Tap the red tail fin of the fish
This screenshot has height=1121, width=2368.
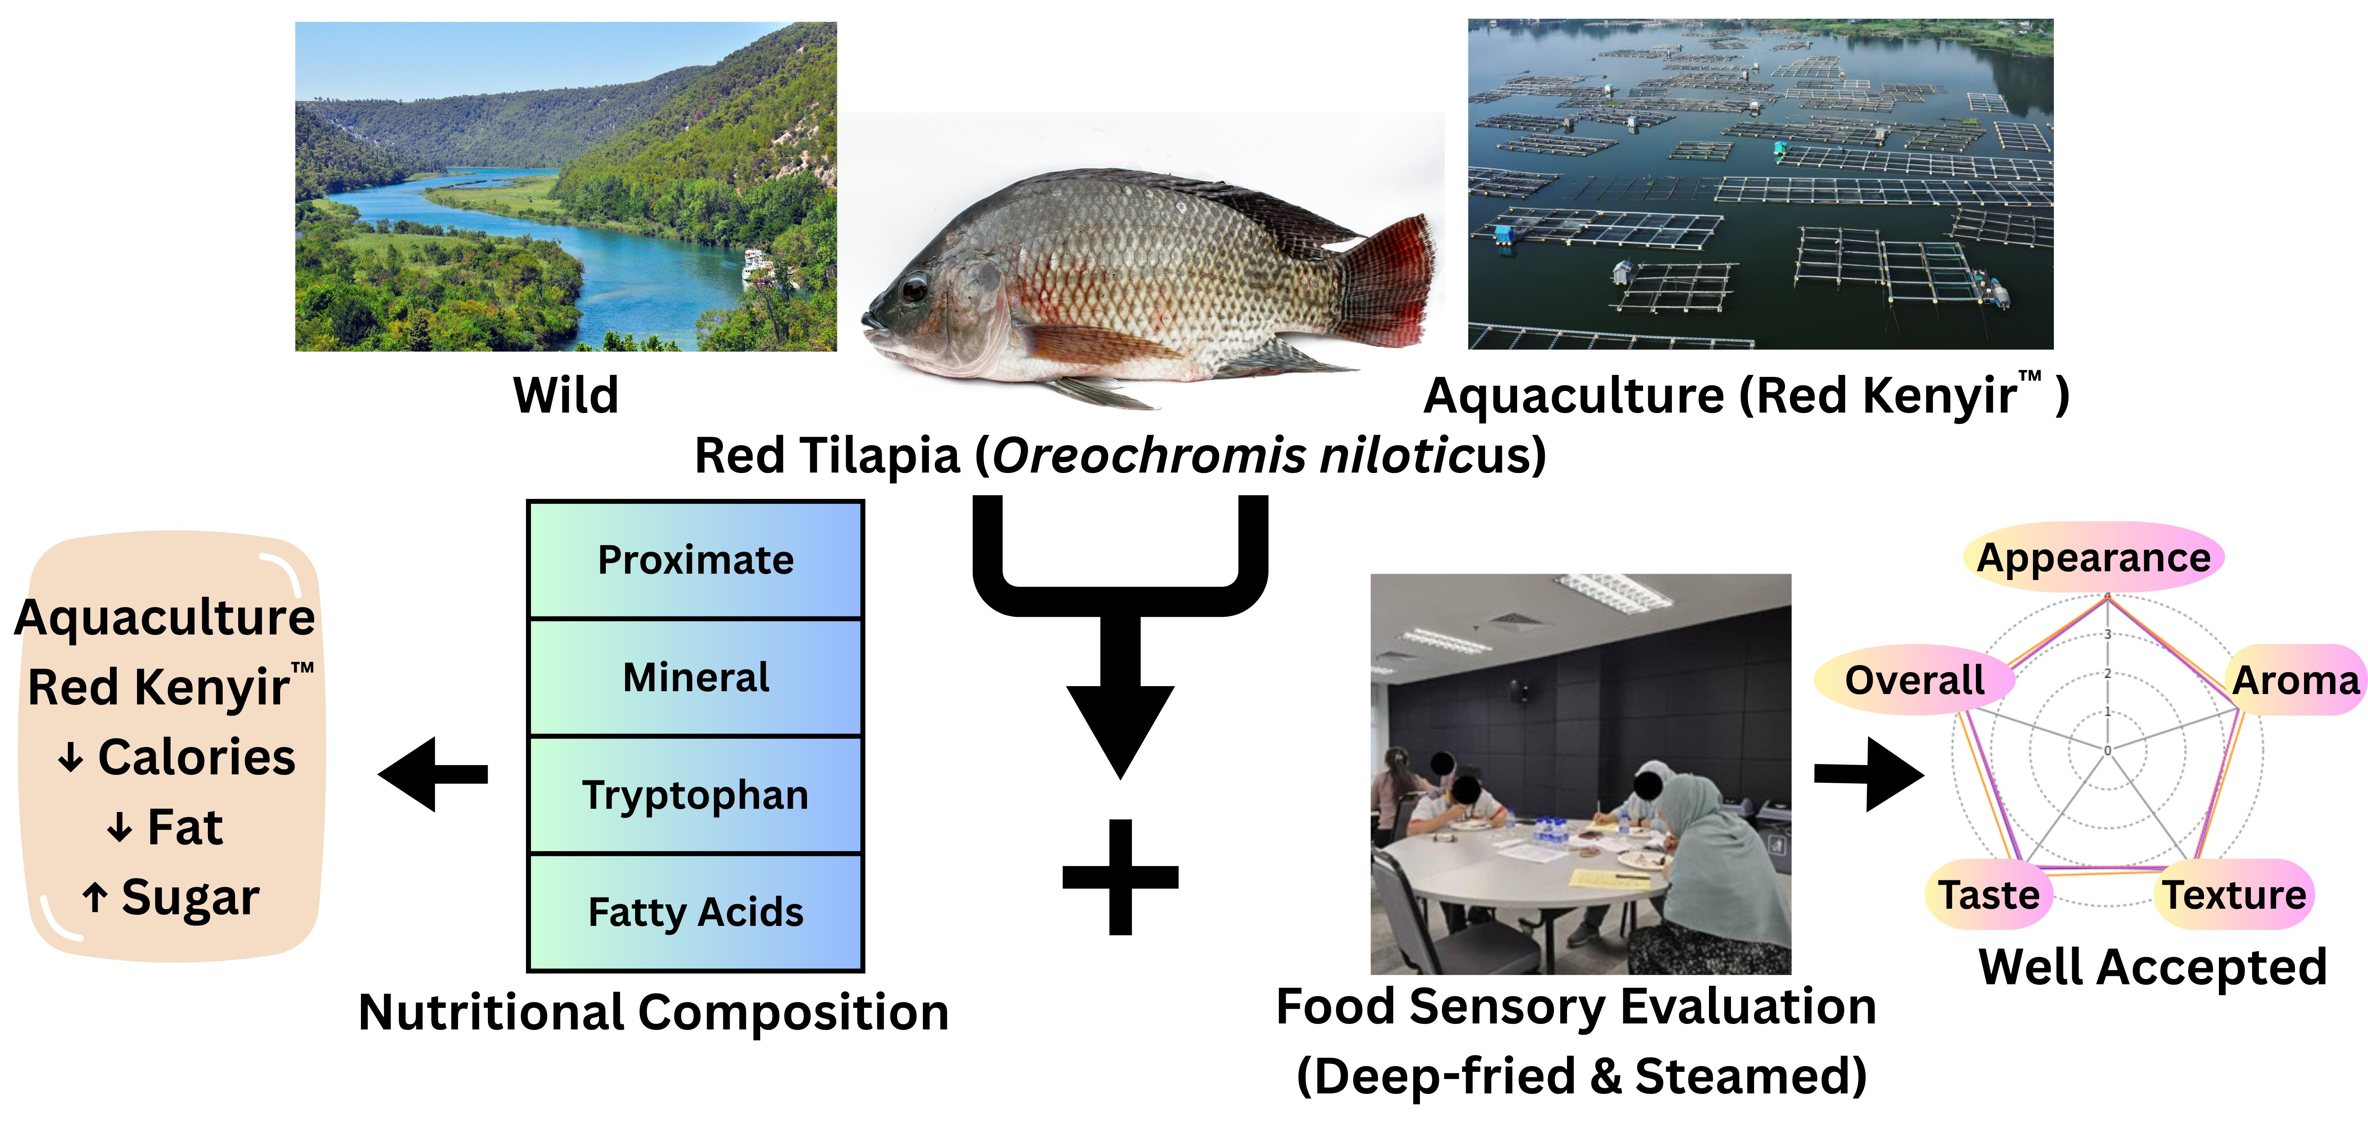[1388, 276]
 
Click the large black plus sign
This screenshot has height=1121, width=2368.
[1119, 876]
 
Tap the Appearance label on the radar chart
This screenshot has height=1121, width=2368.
[2093, 557]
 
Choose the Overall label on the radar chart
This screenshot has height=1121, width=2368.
[1914, 680]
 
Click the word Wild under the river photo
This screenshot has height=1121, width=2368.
[566, 395]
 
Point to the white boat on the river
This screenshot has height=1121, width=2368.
[757, 264]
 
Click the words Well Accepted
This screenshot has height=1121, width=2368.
[2152, 967]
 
